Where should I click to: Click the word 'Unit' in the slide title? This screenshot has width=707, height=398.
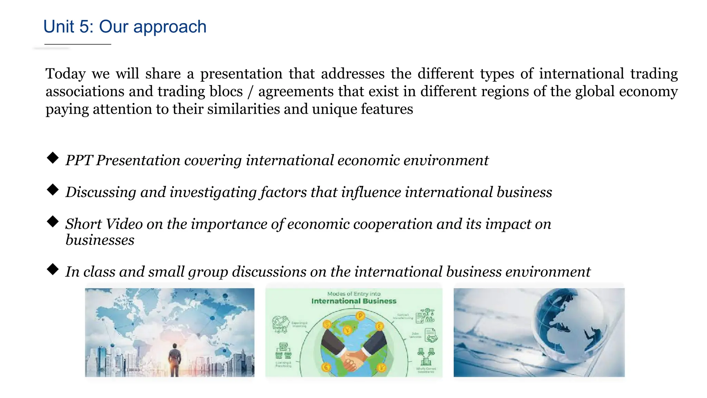59,27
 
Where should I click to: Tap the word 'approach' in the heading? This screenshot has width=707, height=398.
170,27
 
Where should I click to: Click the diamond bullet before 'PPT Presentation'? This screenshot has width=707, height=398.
53,158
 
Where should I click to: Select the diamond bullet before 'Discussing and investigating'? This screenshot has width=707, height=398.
53,190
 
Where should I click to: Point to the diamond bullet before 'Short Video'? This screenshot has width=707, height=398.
53,221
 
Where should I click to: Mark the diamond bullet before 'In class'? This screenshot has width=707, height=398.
53,269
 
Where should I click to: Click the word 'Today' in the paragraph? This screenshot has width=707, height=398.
66,74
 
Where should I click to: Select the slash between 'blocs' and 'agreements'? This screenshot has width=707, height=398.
250,92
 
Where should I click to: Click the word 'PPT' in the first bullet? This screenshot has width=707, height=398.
79,160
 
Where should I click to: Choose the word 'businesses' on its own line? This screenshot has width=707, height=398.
100,240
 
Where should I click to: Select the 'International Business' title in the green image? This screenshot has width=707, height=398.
354,301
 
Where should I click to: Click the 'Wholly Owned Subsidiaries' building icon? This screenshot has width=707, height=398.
426,357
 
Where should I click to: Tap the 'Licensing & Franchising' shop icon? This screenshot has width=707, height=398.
283,351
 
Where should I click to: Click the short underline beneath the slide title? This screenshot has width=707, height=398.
78,45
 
